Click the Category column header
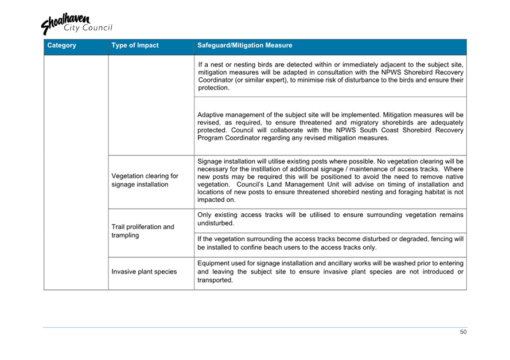pyautogui.click(x=62, y=45)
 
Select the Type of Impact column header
pyautogui.click(x=135, y=45)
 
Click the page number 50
pyautogui.click(x=463, y=332)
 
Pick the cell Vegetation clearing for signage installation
pyautogui.click(x=145, y=180)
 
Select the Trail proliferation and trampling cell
pyautogui.click(x=142, y=231)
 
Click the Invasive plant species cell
pyautogui.click(x=144, y=272)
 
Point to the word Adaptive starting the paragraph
pyautogui.click(x=212, y=115)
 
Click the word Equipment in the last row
pyautogui.click(x=216, y=263)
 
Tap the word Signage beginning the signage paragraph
pyautogui.click(x=212, y=161)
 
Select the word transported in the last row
pyautogui.click(x=215, y=280)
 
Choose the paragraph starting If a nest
pyautogui.click(x=330, y=76)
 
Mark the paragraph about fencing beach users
pyautogui.click(x=330, y=243)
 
